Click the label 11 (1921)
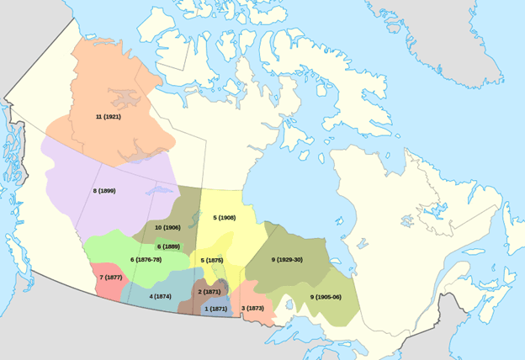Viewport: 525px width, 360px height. tap(109, 116)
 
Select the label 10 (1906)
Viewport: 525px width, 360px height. tap(168, 228)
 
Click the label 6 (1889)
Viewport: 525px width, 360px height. tap(168, 246)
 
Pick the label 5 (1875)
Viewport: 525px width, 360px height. tap(213, 261)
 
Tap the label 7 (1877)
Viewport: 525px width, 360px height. tap(112, 277)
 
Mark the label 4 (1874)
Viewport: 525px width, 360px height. tap(161, 296)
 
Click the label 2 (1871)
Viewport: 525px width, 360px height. tap(209, 291)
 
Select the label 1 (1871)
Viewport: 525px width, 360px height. tap(215, 309)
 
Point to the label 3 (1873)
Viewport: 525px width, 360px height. tap(253, 309)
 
